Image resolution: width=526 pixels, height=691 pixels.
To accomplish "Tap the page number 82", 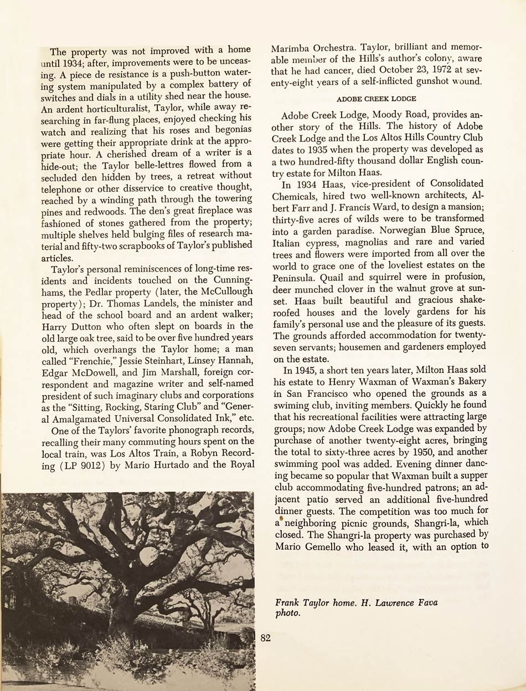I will (265, 638).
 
